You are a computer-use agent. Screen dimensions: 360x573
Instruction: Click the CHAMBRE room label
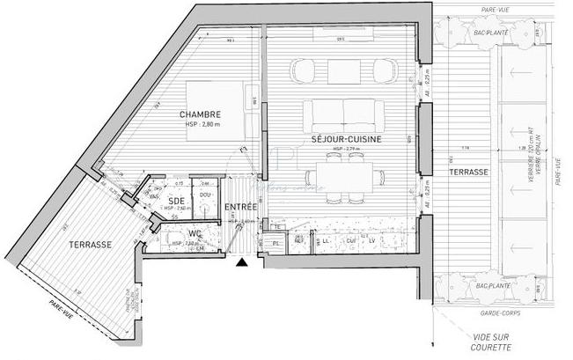point(200,115)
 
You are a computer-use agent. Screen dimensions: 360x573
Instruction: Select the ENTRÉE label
point(242,208)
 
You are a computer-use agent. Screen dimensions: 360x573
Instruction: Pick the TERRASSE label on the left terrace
point(90,244)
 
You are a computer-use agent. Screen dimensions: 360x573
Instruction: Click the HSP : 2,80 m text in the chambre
point(202,125)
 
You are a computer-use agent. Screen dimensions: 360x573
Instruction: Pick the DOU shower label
point(204,195)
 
